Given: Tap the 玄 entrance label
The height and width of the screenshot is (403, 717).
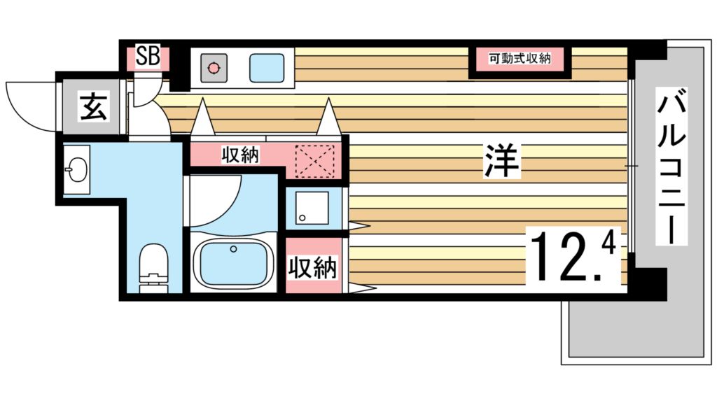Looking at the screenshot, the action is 95,107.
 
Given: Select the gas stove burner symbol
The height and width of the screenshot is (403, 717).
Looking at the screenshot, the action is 214,69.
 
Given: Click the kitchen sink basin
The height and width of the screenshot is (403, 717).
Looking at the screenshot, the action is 267,69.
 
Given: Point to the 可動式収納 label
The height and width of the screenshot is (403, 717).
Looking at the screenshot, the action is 520,59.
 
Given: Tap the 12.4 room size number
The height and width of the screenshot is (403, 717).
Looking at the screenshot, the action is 573,255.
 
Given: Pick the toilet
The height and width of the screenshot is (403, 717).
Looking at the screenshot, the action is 153,268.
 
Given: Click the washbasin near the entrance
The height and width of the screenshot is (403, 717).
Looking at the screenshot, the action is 76,169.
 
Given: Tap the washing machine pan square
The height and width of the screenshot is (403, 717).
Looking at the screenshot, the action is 312,208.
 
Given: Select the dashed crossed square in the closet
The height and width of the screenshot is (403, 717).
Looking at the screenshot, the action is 314,161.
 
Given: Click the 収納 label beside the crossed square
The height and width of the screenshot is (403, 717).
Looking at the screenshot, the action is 241,155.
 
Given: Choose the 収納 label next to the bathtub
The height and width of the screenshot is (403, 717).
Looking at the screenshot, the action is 313,268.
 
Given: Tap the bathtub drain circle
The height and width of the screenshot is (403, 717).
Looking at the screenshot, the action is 234,249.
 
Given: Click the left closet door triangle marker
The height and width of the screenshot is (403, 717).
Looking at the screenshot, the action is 202,117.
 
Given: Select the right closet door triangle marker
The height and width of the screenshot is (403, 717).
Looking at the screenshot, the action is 328,117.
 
